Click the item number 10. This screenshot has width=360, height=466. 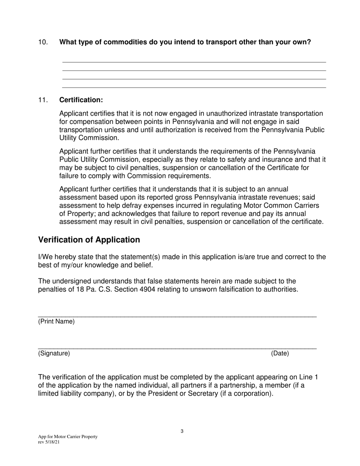[43, 42]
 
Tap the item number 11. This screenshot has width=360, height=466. [43, 100]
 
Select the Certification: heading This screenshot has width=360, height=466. [81, 100]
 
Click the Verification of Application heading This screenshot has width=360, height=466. [89, 240]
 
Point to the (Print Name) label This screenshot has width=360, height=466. [56, 322]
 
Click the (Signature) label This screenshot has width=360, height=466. [54, 353]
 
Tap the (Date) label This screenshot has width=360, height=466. [280, 353]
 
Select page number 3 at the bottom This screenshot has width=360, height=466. [182, 431]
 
